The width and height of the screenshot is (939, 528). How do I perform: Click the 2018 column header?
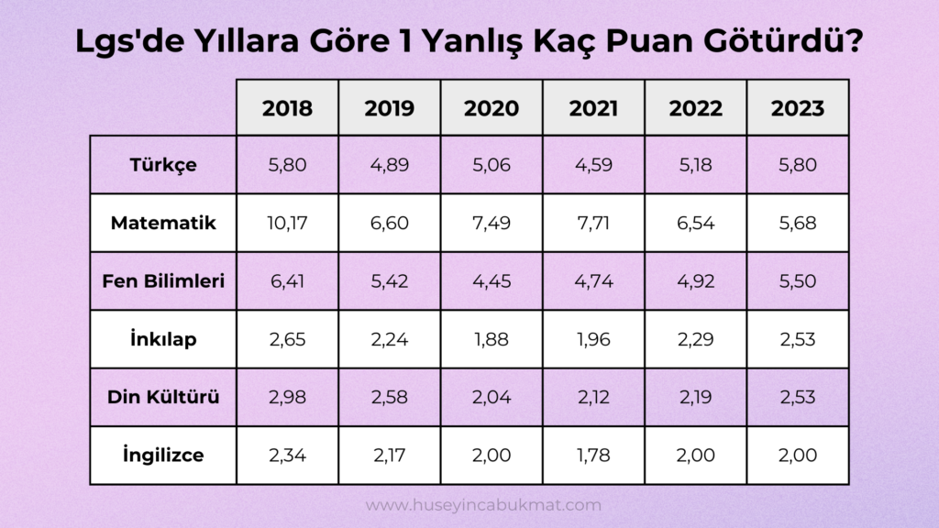[x=287, y=108]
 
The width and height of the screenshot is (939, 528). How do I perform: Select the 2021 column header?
[x=593, y=108]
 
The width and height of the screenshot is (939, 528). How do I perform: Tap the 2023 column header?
[x=797, y=108]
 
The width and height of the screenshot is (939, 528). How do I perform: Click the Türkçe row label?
[x=163, y=165]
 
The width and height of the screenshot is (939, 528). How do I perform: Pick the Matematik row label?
[x=163, y=223]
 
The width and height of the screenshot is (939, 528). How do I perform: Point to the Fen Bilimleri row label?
[x=163, y=280]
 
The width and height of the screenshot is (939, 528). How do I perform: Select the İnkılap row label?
[x=163, y=339]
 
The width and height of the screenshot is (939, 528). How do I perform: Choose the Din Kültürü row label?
[x=163, y=397]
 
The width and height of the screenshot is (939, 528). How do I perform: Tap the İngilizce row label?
[x=163, y=455]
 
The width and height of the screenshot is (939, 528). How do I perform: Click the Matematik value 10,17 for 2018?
[x=287, y=223]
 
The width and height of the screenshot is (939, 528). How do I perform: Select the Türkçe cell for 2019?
[x=389, y=165]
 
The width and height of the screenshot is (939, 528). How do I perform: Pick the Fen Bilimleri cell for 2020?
[x=492, y=280]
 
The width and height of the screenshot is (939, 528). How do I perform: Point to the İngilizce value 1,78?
[x=593, y=455]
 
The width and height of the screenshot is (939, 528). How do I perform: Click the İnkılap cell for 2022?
[x=695, y=339]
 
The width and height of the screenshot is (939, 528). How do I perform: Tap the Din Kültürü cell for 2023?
[x=797, y=397]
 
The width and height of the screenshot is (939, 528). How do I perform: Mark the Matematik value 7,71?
[x=593, y=223]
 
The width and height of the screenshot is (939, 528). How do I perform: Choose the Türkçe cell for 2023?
[x=797, y=165]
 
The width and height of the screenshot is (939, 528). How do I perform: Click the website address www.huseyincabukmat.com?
[x=483, y=505]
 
